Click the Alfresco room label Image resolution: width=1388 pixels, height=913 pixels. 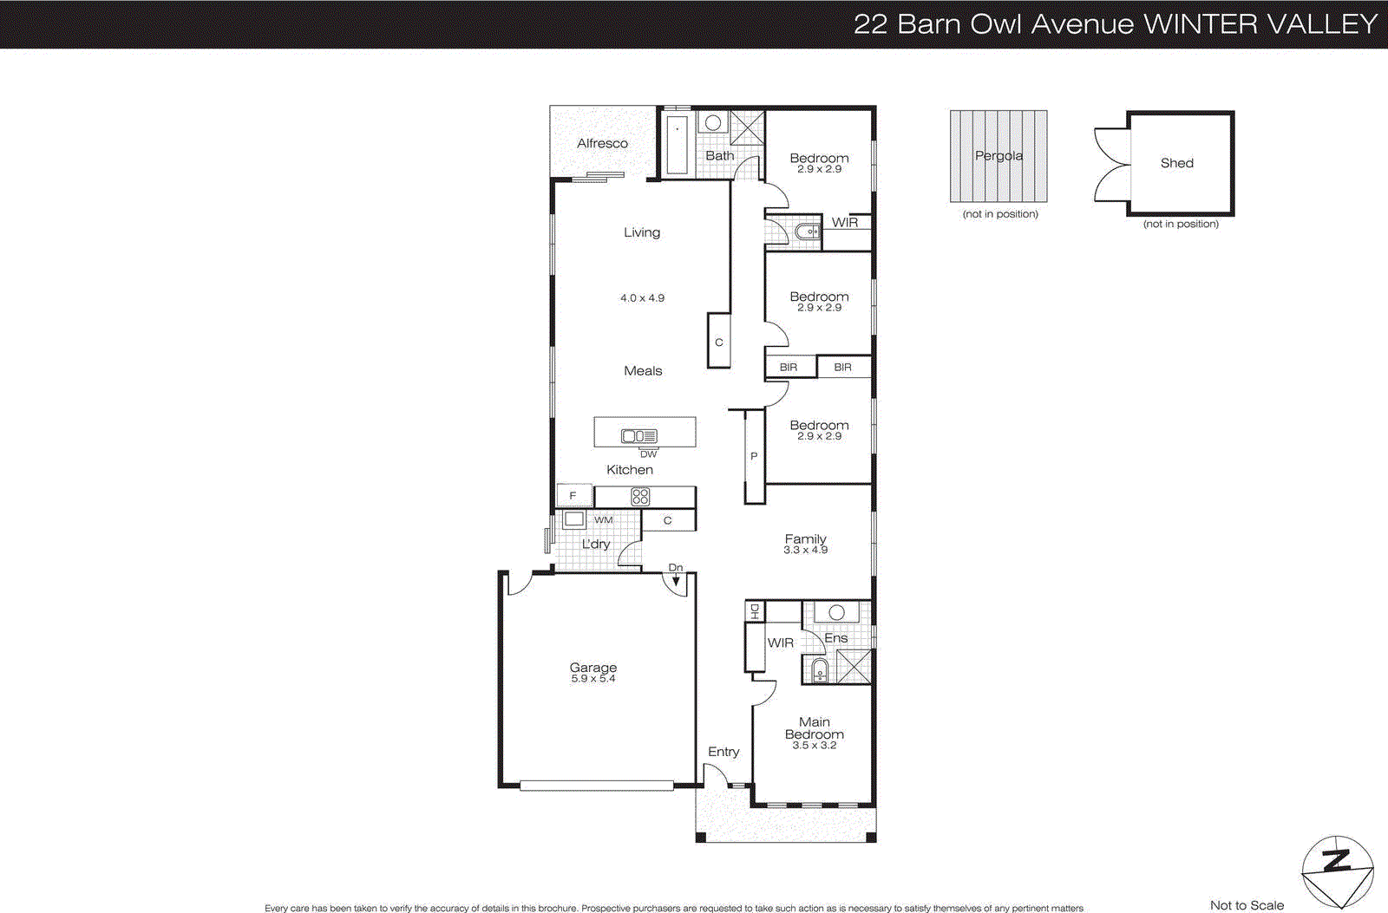point(602,144)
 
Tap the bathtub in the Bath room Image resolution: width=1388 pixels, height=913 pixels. point(677,145)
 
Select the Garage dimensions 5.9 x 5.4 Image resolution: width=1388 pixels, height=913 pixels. point(593,679)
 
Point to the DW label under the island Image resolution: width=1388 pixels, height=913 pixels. point(648,453)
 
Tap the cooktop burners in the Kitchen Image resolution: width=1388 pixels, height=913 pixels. point(640,497)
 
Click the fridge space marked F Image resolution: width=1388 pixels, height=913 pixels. point(573,496)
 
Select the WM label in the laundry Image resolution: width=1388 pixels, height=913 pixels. point(603,520)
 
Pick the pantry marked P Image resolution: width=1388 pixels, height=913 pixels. point(754,456)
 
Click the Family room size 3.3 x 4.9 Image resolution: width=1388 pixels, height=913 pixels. point(805,551)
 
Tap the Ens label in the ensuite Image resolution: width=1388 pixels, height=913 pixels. point(835,638)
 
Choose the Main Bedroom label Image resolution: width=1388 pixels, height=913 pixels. point(814,728)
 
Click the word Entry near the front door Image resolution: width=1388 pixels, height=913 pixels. point(723,752)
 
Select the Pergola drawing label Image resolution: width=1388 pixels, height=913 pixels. point(998,156)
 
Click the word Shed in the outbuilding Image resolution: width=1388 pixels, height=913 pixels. point(1176,163)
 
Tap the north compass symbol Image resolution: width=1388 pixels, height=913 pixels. point(1337,871)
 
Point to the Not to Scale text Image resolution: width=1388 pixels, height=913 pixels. point(1247,905)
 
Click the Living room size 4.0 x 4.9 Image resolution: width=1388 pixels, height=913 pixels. point(642,298)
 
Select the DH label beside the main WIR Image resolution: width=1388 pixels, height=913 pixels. point(754,610)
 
